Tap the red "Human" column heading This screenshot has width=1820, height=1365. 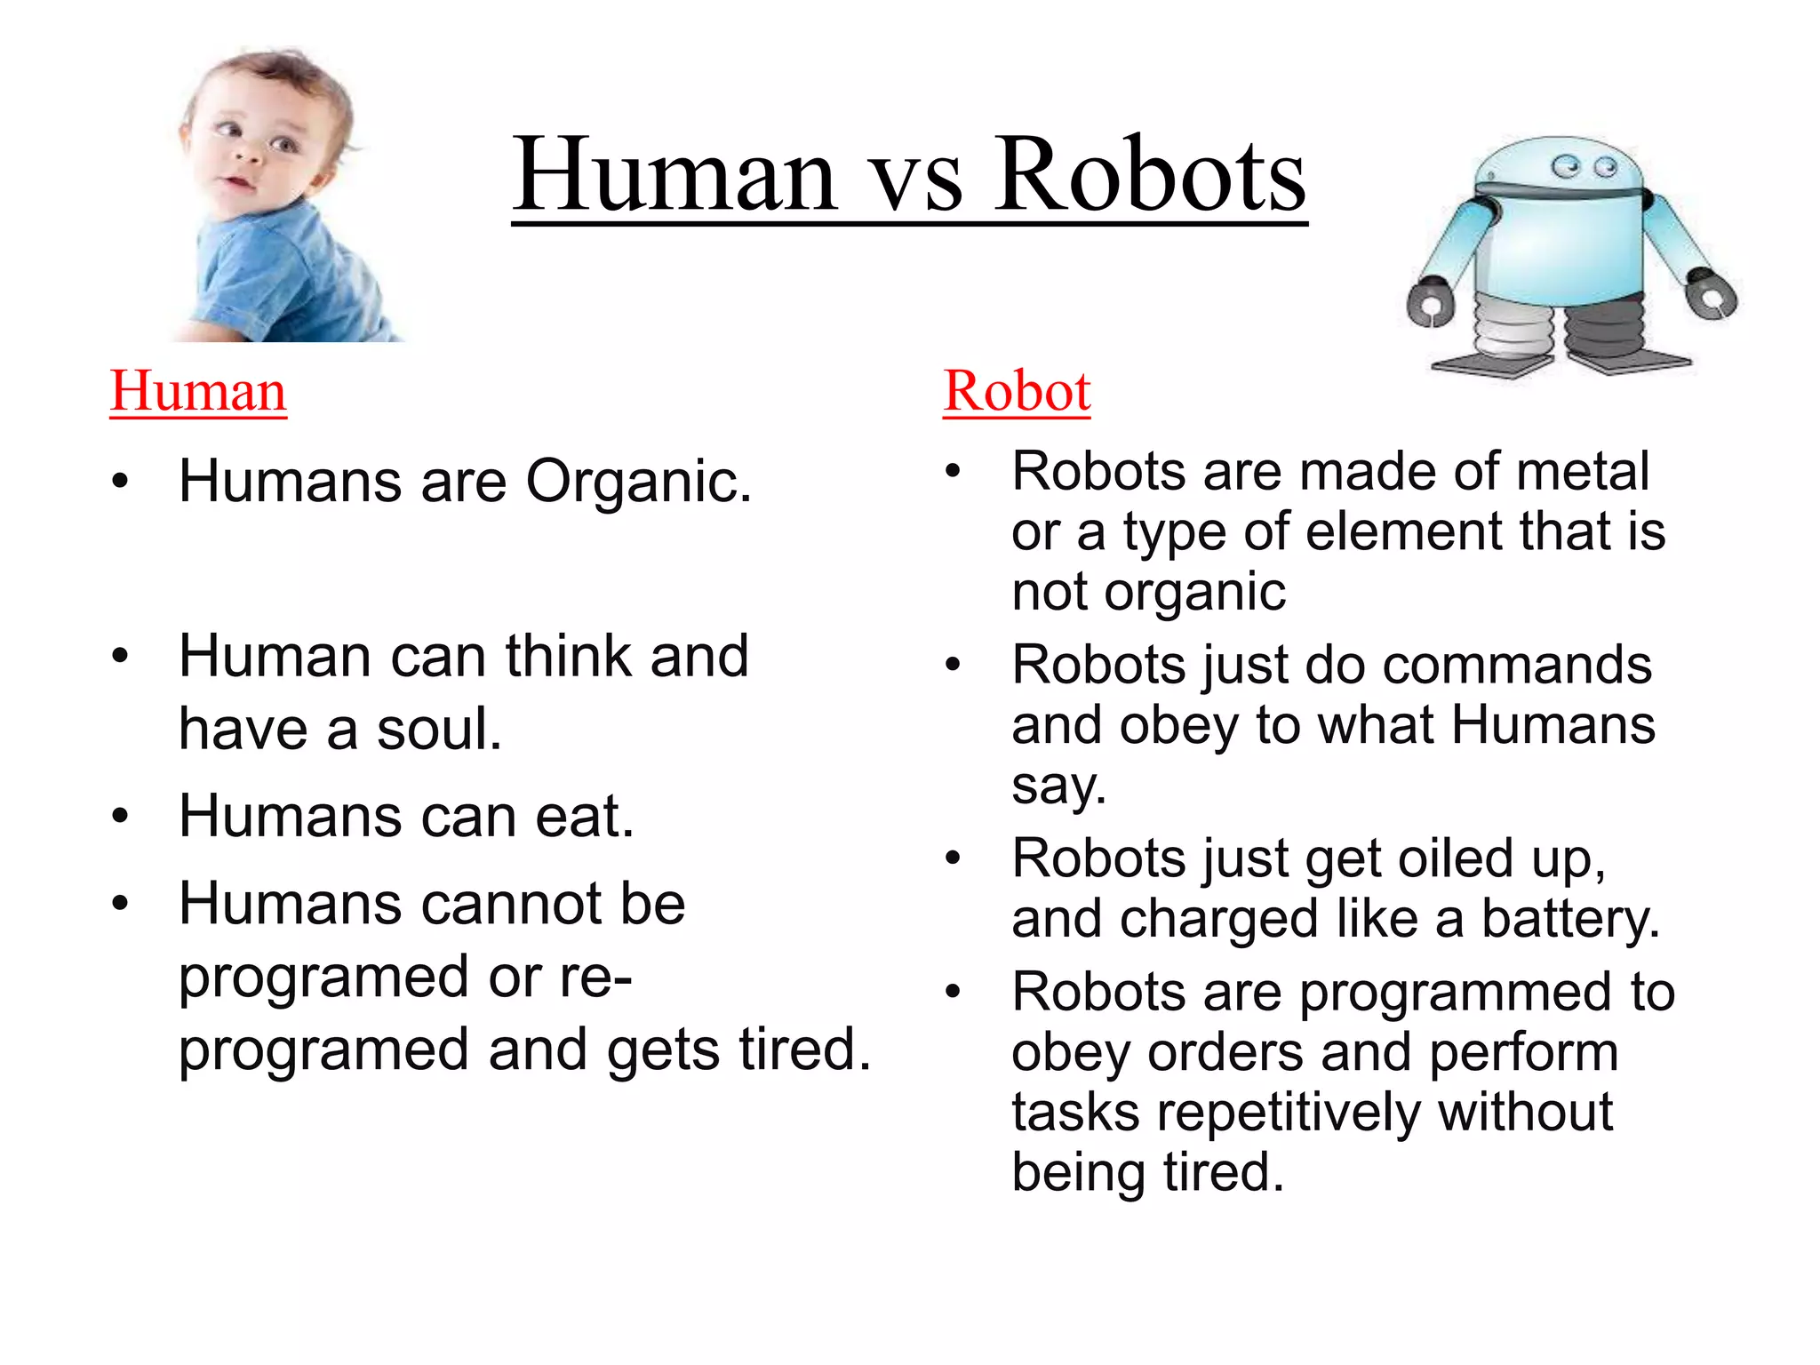[198, 391]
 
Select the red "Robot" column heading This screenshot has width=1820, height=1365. [1017, 391]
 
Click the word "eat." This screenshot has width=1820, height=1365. [584, 817]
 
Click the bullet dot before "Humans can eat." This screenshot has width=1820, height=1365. [121, 816]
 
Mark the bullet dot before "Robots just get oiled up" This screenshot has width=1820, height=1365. [954, 858]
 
